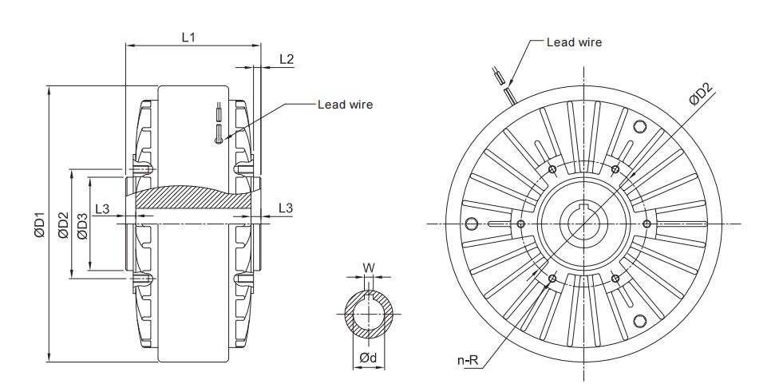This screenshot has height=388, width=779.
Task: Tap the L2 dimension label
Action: [287, 59]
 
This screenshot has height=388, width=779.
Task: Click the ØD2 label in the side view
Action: [63, 224]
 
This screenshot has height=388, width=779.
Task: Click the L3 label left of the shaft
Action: [102, 209]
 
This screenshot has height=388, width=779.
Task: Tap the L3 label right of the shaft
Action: [286, 209]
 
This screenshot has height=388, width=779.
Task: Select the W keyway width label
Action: [368, 267]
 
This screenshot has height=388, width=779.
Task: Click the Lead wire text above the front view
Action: [573, 42]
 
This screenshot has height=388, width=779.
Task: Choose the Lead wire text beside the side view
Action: [345, 104]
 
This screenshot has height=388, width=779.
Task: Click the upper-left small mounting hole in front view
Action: [552, 169]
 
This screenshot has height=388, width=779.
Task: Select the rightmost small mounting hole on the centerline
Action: [647, 223]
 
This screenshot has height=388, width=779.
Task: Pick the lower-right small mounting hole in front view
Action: [615, 277]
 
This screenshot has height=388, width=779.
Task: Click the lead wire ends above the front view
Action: [501, 82]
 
